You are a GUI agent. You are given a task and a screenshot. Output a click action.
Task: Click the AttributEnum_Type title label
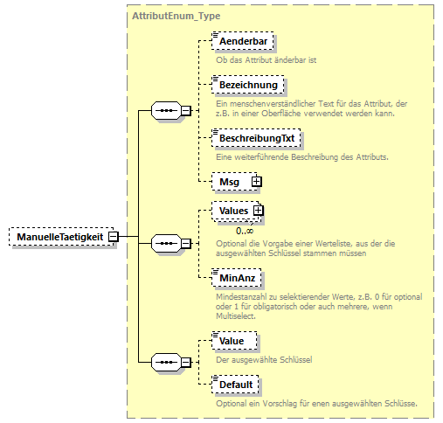(x=176, y=16)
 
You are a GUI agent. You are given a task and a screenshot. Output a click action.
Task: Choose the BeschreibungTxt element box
(x=256, y=138)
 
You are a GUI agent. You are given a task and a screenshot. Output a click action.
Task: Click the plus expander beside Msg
(x=256, y=180)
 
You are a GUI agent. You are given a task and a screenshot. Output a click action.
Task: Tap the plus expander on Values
(x=258, y=211)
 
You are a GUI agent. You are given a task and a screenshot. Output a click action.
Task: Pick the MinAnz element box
(x=237, y=278)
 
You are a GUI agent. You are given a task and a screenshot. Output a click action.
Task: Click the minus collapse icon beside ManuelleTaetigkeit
(x=114, y=236)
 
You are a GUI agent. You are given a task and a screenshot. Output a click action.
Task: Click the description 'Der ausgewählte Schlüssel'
(x=264, y=359)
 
